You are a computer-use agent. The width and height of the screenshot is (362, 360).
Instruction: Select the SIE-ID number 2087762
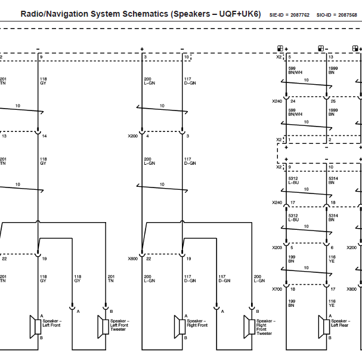[x=299, y=15]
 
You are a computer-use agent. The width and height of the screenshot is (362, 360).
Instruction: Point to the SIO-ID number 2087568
[x=348, y=15]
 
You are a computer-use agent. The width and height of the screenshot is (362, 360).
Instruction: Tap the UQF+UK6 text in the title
[x=239, y=14]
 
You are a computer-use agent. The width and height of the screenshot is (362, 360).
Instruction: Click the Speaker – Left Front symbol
[x=35, y=327]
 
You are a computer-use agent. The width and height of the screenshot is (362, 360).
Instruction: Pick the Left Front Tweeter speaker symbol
[x=103, y=327]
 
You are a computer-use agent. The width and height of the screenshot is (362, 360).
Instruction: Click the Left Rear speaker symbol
[x=324, y=327]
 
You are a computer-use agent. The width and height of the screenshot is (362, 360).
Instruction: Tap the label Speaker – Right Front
[x=197, y=323]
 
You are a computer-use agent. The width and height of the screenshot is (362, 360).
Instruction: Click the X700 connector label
[x=277, y=289]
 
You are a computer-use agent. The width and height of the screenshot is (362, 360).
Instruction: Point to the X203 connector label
[x=277, y=248]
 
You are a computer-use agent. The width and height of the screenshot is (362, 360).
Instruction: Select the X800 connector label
[x=352, y=289]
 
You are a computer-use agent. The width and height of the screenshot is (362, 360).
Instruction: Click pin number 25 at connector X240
[x=333, y=101]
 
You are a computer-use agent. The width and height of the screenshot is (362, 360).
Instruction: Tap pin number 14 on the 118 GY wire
[x=44, y=136]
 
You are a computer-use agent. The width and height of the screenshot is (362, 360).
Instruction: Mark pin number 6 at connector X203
[x=332, y=248]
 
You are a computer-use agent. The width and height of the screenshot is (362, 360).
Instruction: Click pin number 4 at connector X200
[x=147, y=136]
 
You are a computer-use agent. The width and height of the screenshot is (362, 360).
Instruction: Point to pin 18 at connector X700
[x=293, y=289]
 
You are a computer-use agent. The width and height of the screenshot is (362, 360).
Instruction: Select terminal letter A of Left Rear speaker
[x=330, y=316]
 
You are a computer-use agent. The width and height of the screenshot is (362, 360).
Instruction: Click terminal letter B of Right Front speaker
[x=185, y=338]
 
